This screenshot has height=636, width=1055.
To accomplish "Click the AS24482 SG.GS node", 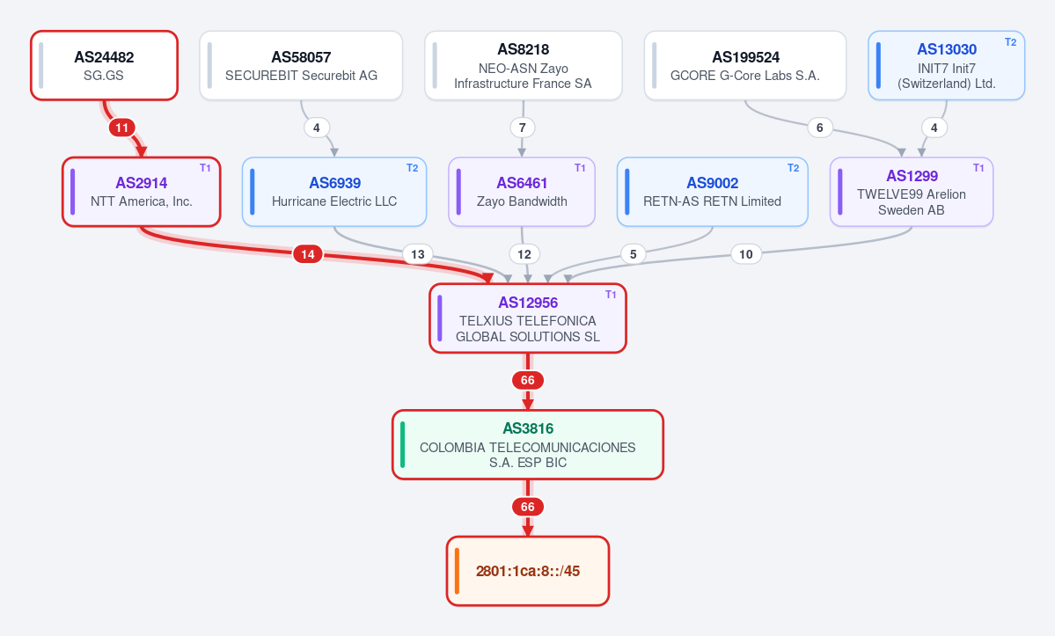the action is click(x=105, y=65).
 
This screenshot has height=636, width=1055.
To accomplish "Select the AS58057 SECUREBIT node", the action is click(x=301, y=65).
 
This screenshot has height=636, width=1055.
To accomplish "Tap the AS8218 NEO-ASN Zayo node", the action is click(x=524, y=65).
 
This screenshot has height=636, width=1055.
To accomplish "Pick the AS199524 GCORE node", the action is click(x=744, y=65).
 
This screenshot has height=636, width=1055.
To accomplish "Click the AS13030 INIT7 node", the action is click(x=946, y=65).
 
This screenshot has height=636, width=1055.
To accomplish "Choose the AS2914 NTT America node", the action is click(x=142, y=192).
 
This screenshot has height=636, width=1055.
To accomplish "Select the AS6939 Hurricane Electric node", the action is click(x=334, y=192).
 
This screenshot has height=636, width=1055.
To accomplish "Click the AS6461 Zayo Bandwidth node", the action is click(x=522, y=192).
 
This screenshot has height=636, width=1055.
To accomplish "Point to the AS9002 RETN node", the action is click(x=712, y=192).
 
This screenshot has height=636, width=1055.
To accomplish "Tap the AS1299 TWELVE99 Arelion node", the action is click(x=911, y=192).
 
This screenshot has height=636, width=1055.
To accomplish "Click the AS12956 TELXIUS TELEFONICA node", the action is click(x=528, y=318).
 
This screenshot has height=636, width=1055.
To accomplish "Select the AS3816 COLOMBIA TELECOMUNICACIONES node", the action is click(x=528, y=444).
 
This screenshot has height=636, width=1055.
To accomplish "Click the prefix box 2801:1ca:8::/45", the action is click(x=528, y=571).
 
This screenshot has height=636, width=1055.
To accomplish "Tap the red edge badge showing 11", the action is click(x=121, y=128).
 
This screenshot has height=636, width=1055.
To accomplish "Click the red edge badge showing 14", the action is click(x=307, y=254).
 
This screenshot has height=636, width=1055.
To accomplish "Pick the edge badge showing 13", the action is click(x=418, y=254).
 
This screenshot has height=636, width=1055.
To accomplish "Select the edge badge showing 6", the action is click(x=819, y=128).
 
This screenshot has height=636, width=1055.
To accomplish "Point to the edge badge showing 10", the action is click(x=745, y=254).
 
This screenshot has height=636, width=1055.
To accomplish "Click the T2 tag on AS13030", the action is click(x=1011, y=41).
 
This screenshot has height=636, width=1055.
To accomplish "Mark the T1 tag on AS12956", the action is click(x=611, y=295).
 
